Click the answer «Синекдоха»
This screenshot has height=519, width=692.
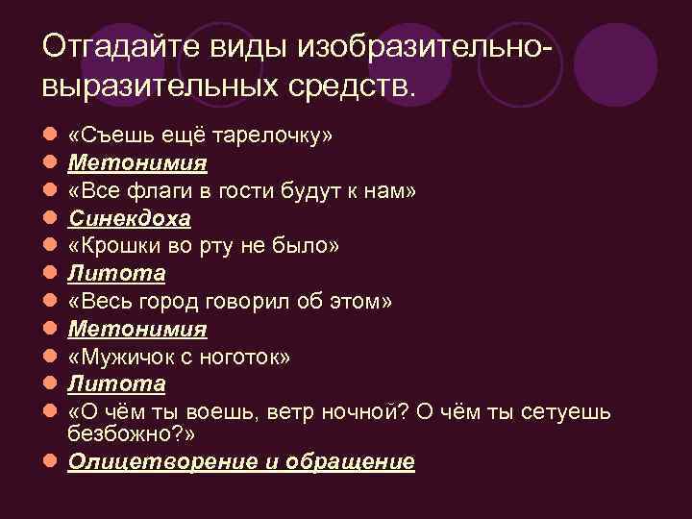[130, 218]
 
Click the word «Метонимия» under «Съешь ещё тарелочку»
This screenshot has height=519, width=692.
[137, 163]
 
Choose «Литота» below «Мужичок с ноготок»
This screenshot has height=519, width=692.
[116, 384]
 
